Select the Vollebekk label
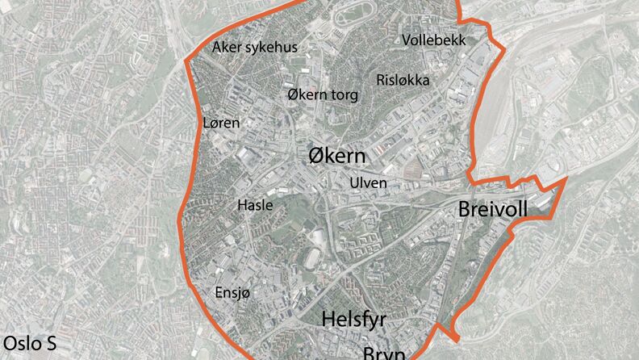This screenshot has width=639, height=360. [433, 40]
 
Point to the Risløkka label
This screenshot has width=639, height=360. [403, 80]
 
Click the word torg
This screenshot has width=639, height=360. [344, 94]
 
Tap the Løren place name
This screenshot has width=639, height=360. [220, 123]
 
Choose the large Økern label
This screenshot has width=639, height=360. [336, 156]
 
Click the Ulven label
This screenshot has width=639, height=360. [368, 183]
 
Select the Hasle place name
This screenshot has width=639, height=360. [255, 205]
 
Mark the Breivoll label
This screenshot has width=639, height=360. [493, 210]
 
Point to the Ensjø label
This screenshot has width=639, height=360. [233, 293]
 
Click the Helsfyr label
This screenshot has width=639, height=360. [354, 320]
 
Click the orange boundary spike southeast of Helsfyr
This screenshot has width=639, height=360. [457, 334]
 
